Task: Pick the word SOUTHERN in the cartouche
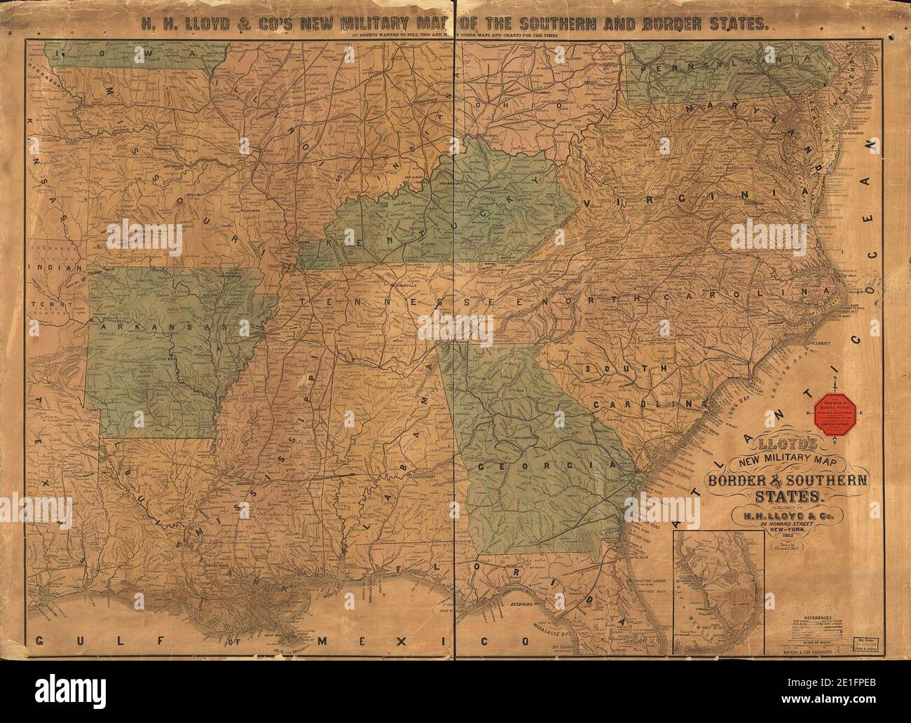(827, 481)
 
